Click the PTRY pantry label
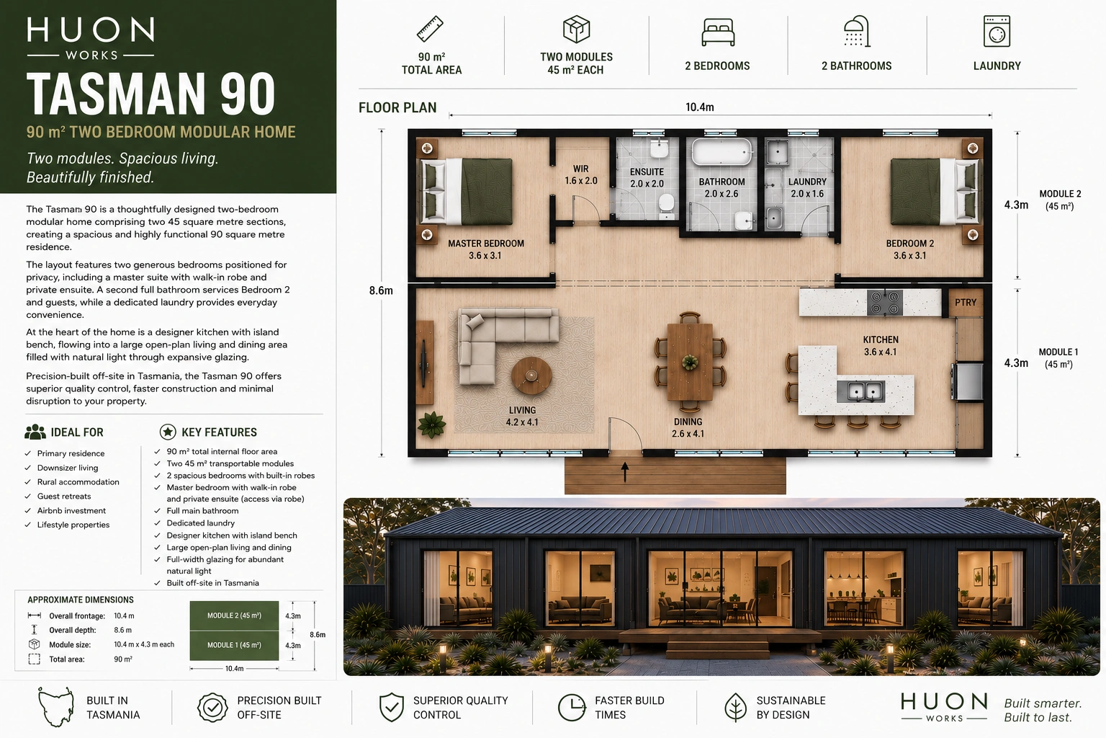click(x=966, y=303)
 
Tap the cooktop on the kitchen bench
click(x=885, y=303)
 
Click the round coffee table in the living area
click(x=531, y=375)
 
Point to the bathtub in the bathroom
click(x=721, y=152)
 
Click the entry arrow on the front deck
click(x=624, y=472)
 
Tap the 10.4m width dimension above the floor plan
click(x=700, y=107)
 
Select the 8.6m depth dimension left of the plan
click(x=381, y=290)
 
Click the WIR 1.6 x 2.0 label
click(x=580, y=175)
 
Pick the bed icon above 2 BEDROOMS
click(x=718, y=32)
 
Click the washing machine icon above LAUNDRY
click(x=997, y=31)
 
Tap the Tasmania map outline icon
click(x=55, y=707)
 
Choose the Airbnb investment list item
click(x=71, y=511)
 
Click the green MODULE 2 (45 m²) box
click(x=234, y=616)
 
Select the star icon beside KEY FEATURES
click(x=168, y=432)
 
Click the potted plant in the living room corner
click(x=431, y=424)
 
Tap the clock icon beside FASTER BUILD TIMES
click(x=571, y=707)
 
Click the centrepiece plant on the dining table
click(x=689, y=363)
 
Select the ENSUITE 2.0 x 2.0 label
click(x=647, y=178)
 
